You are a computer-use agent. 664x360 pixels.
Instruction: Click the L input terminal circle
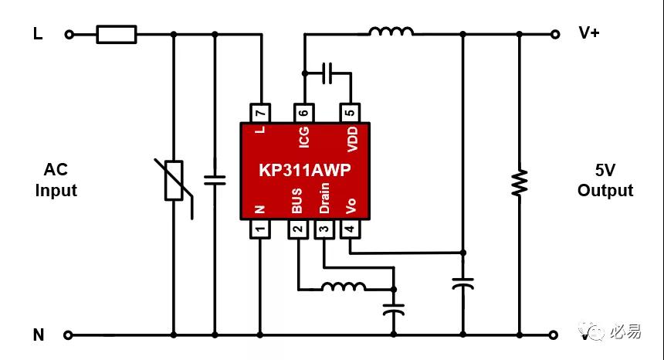coord(69,34)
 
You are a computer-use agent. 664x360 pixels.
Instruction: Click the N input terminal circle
coord(68,335)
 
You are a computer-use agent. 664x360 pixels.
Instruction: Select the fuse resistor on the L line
coord(117,34)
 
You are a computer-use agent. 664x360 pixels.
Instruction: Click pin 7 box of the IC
coord(260,113)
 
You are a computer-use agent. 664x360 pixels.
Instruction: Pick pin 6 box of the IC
coord(304,113)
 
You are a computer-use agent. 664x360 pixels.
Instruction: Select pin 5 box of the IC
coord(351,113)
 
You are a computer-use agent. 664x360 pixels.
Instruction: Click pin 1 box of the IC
coord(260,229)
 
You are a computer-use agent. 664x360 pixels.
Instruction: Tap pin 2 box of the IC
coord(298,229)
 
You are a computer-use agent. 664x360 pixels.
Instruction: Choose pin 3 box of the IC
coord(324,229)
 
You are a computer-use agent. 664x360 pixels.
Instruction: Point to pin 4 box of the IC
coord(351,229)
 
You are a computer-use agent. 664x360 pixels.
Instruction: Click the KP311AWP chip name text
coord(305,170)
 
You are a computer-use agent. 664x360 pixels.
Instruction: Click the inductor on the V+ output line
coord(391,32)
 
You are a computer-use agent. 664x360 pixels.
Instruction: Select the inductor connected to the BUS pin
coord(344,287)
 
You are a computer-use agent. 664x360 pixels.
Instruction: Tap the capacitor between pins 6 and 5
coord(327,73)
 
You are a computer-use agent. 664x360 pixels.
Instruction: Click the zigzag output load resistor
coord(520,182)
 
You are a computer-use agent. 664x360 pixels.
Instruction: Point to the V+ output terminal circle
coord(554,34)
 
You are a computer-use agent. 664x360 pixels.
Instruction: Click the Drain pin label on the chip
coord(324,198)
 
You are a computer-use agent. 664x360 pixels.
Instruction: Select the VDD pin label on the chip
coord(352,139)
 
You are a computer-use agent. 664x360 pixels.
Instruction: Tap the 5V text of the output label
coord(605,170)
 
